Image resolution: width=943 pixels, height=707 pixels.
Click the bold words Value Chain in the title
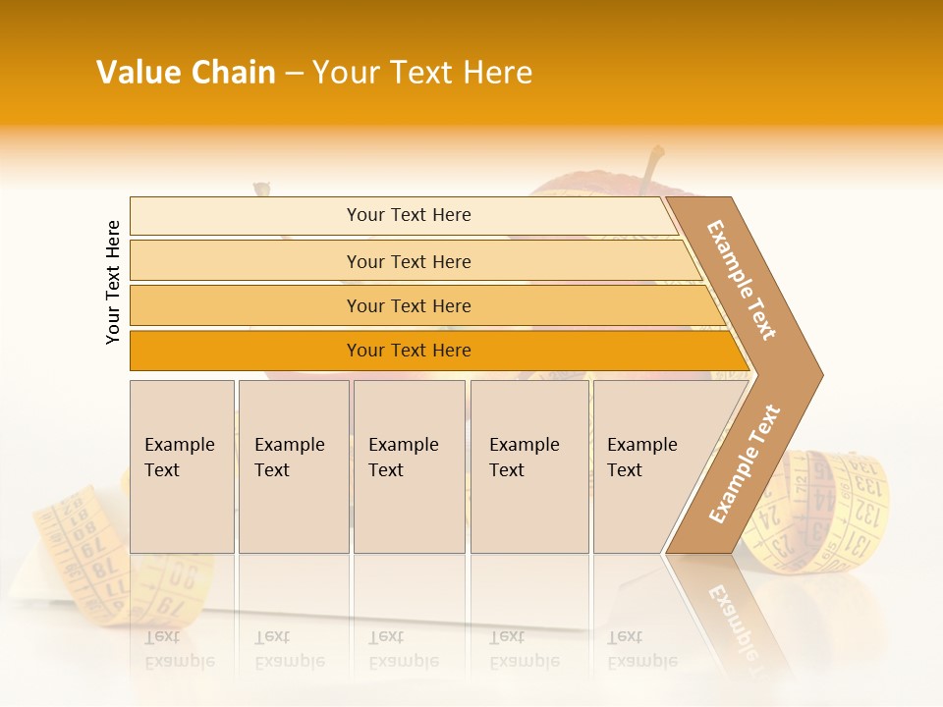(x=186, y=73)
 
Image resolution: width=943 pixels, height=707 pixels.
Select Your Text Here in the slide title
(x=422, y=73)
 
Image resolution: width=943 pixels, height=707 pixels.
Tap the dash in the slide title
(x=294, y=74)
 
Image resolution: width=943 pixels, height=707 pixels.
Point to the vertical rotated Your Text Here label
(x=113, y=283)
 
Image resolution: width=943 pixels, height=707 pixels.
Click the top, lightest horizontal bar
(x=408, y=215)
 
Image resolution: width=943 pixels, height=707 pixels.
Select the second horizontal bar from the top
(x=408, y=261)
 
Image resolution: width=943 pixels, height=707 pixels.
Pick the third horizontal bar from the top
(x=408, y=305)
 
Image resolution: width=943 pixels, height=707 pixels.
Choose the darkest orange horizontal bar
(x=408, y=351)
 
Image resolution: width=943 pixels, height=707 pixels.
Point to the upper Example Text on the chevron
(x=742, y=280)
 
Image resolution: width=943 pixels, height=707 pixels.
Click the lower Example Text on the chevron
(x=745, y=463)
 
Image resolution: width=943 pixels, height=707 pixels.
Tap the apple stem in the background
(x=652, y=167)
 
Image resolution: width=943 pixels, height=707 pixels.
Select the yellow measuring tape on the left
(x=83, y=550)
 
